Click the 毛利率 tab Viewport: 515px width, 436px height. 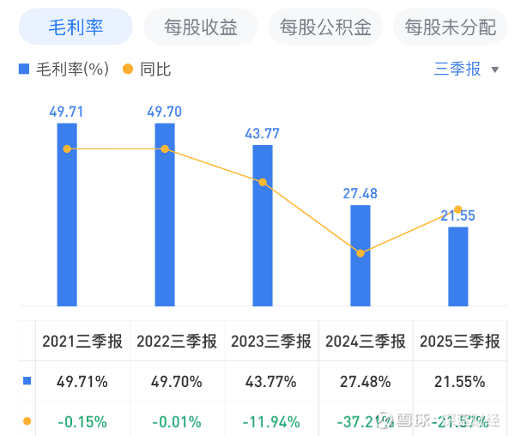(76, 27)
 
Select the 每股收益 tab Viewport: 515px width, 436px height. (201, 27)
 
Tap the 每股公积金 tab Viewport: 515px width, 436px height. (325, 27)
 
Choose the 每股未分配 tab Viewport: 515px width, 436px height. (450, 27)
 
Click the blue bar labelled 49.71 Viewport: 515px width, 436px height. (67, 215)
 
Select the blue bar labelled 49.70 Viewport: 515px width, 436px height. (165, 215)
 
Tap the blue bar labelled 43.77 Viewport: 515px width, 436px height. (263, 225)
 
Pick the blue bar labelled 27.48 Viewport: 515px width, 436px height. (360, 255)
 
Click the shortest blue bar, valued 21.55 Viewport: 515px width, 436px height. (458, 266)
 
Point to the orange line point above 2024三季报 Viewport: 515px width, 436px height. (360, 253)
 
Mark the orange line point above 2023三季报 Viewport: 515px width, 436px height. (263, 182)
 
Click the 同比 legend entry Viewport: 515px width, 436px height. (148, 70)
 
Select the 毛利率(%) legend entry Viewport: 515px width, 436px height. (65, 70)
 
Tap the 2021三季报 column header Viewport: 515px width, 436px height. (82, 342)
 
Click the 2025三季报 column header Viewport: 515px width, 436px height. (459, 342)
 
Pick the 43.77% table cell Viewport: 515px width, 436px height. (271, 382)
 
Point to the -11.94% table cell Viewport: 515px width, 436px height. (271, 421)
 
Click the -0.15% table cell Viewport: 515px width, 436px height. (82, 421)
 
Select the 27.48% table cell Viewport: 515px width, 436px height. (366, 382)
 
